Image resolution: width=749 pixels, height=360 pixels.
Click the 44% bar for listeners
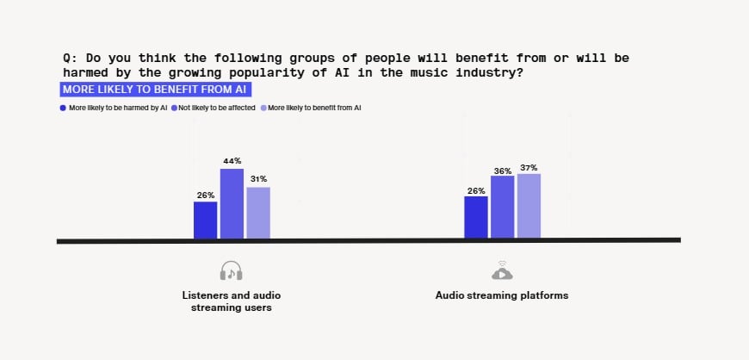(x=232, y=203)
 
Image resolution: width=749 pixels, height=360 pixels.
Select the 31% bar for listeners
(x=258, y=213)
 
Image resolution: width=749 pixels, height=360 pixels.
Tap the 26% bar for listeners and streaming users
(x=205, y=220)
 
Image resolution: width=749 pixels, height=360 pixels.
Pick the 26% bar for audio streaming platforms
(x=475, y=217)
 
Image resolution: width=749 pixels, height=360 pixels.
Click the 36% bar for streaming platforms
(x=502, y=207)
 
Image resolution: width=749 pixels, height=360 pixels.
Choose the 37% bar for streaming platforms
(x=529, y=206)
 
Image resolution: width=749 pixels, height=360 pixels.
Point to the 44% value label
(x=232, y=161)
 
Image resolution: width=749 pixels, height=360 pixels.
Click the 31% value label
(x=258, y=179)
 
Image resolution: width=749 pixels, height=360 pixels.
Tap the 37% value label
(x=529, y=167)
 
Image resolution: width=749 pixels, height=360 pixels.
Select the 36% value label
(x=502, y=169)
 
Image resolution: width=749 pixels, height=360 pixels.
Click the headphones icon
(x=231, y=270)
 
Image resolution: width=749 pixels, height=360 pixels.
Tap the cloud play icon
(x=502, y=270)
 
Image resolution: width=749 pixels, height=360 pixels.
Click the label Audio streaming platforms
(x=502, y=295)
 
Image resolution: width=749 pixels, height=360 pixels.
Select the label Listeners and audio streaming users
(x=231, y=301)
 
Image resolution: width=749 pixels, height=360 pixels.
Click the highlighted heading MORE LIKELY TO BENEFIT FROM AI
(x=156, y=89)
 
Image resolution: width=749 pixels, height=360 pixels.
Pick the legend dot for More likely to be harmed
(x=63, y=109)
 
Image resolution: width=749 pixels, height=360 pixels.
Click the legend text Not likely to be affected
(x=216, y=109)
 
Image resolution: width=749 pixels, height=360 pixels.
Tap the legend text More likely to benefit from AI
(x=314, y=109)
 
